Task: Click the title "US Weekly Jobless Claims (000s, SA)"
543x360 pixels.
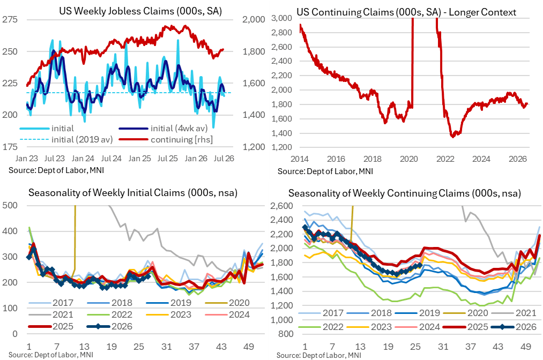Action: pyautogui.click(x=140, y=11)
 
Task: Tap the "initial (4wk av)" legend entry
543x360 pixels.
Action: pyautogui.click(x=163, y=129)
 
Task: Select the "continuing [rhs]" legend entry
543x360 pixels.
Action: pyautogui.click(x=166, y=139)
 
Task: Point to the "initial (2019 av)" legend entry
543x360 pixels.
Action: pyautogui.click(x=66, y=139)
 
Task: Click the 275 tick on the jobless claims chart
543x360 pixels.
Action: pyautogui.click(x=10, y=19)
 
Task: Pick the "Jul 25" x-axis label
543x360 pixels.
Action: pyautogui.click(x=168, y=159)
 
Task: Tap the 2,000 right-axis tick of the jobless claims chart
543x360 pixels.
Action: pyautogui.click(x=254, y=19)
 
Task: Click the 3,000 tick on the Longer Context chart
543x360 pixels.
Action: pyautogui.click(x=281, y=18)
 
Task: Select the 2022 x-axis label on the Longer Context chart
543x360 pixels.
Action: pyautogui.click(x=445, y=159)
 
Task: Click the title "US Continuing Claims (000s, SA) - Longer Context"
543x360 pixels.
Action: pyautogui.click(x=406, y=12)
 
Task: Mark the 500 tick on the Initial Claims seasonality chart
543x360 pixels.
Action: pyautogui.click(x=10, y=205)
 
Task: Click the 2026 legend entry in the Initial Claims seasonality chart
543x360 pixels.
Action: pyautogui.click(x=110, y=326)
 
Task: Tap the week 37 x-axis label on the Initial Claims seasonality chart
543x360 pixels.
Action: pyautogui.click(x=194, y=346)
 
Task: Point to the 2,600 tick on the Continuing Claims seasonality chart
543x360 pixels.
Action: pyautogui.click(x=281, y=206)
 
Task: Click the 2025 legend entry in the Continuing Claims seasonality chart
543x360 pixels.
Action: pyautogui.click(x=466, y=327)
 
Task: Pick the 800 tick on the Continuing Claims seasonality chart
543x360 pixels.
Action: pyautogui.click(x=286, y=334)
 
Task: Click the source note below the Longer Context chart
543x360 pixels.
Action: pyautogui.click(x=325, y=171)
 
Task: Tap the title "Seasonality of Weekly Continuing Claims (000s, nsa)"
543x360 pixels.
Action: pyautogui.click(x=405, y=193)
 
